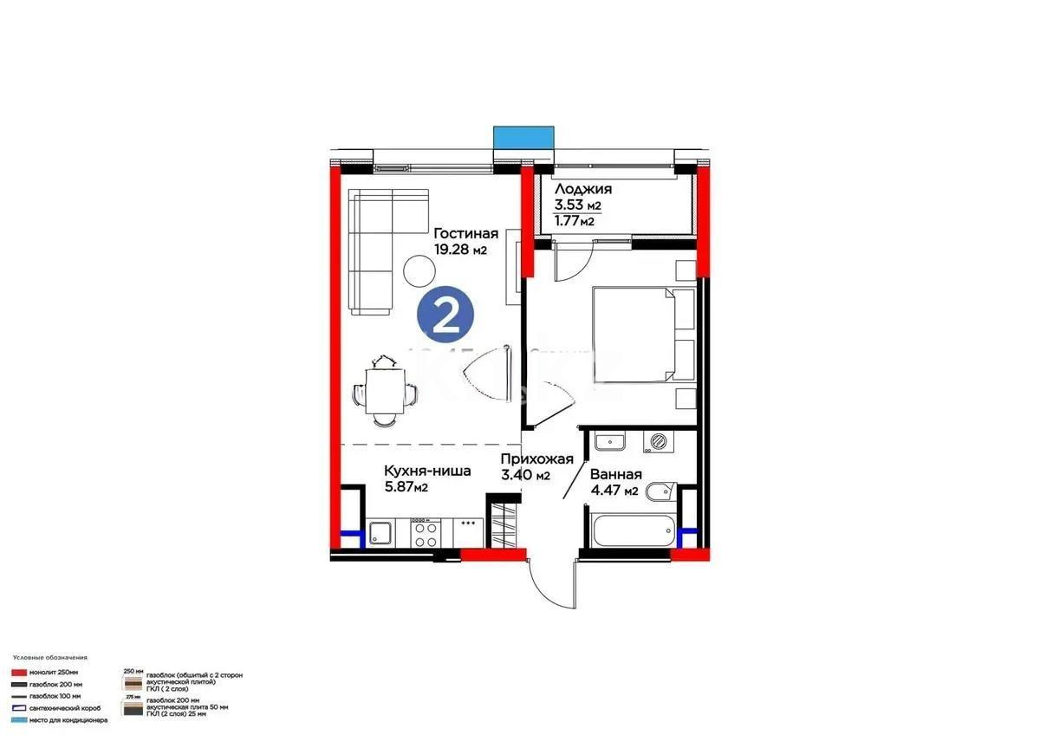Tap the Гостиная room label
point(466,233)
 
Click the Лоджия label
point(583,189)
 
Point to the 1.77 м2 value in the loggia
point(575,221)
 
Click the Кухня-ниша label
point(427,472)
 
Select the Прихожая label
point(537,459)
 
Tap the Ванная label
point(615,474)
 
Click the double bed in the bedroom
point(643,334)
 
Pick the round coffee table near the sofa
point(420,271)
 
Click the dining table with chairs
point(382,392)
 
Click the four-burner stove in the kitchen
point(424,533)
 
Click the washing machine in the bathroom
point(659,441)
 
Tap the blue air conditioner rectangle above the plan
point(523,138)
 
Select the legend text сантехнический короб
point(58,708)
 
